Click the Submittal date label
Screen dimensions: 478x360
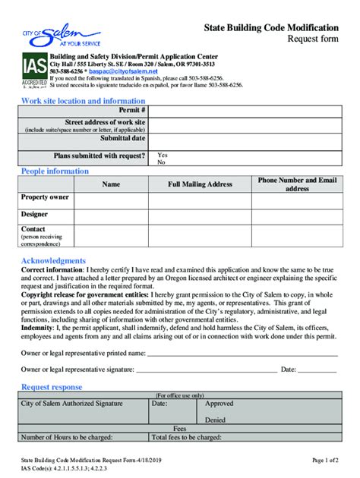122,139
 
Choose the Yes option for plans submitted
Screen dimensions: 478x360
162,155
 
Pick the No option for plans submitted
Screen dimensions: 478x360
160,162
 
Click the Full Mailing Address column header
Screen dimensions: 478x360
200,184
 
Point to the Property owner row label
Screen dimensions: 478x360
45,197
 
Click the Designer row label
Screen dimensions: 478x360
34,214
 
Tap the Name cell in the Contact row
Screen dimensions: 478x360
111,236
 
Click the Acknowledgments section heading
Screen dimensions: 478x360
53,261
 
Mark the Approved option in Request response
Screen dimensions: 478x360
219,404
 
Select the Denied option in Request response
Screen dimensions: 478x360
215,419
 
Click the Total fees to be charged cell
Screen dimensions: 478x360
244,438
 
